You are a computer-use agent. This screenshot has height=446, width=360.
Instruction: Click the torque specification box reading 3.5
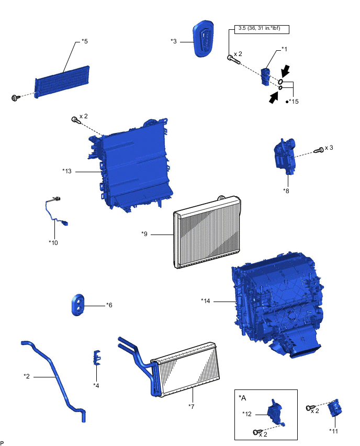click(259, 29)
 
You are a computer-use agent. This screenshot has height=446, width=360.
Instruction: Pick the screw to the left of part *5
click(15, 97)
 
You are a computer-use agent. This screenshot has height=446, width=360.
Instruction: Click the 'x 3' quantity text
click(329, 148)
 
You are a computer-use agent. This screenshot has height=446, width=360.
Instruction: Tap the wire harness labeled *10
click(55, 215)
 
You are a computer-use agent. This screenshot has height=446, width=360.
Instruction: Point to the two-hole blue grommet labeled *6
click(78, 305)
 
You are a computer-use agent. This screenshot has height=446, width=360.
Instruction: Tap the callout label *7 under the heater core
click(192, 405)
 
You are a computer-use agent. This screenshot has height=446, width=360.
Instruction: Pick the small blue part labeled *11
click(335, 409)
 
